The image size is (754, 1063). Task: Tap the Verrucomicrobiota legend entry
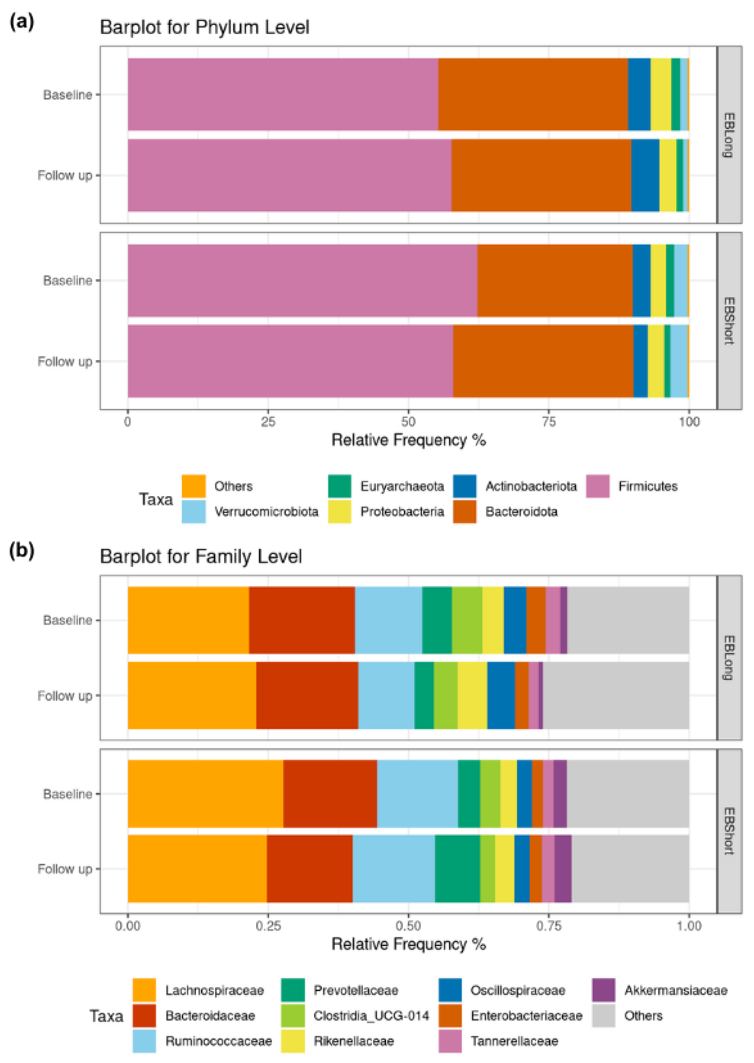(x=266, y=512)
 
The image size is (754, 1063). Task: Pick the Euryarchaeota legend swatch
(x=339, y=486)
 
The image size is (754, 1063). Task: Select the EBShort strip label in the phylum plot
(x=729, y=321)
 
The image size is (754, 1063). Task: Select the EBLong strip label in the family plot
(x=729, y=657)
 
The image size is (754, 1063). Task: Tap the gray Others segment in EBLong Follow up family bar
(x=615, y=695)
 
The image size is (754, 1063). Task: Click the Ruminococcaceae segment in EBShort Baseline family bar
(x=417, y=794)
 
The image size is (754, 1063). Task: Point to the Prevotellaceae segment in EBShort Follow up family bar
(x=457, y=868)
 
